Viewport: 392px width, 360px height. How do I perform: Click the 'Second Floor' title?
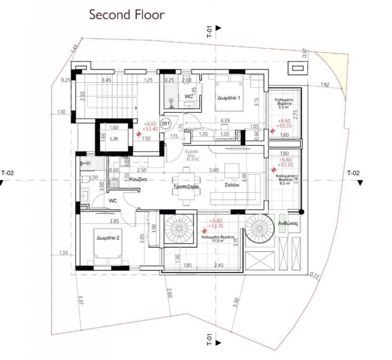point(127,14)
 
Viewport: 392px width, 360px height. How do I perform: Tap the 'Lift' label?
point(113,138)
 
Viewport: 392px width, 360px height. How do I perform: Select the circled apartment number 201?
point(166,124)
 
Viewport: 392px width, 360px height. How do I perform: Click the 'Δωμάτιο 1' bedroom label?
point(230,98)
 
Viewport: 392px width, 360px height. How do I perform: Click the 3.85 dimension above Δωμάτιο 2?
point(114,221)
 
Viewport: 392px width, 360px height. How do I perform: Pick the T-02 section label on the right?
point(353,173)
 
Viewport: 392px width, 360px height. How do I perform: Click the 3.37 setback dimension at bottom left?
point(81,300)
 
